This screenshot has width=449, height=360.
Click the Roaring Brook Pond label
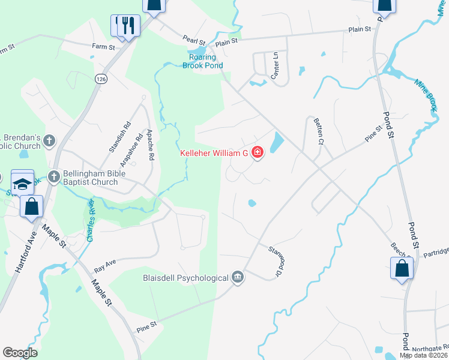coord(203,62)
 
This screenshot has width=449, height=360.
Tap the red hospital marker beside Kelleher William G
coord(257,153)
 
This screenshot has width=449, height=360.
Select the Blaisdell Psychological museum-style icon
coord(238,277)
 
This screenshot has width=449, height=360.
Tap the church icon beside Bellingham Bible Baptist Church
coord(54,177)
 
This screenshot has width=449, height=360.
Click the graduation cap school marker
coord(22,184)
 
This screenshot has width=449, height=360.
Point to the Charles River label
coord(90,223)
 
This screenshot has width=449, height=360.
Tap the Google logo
coord(20,353)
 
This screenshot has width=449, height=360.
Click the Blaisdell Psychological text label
coord(186,278)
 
